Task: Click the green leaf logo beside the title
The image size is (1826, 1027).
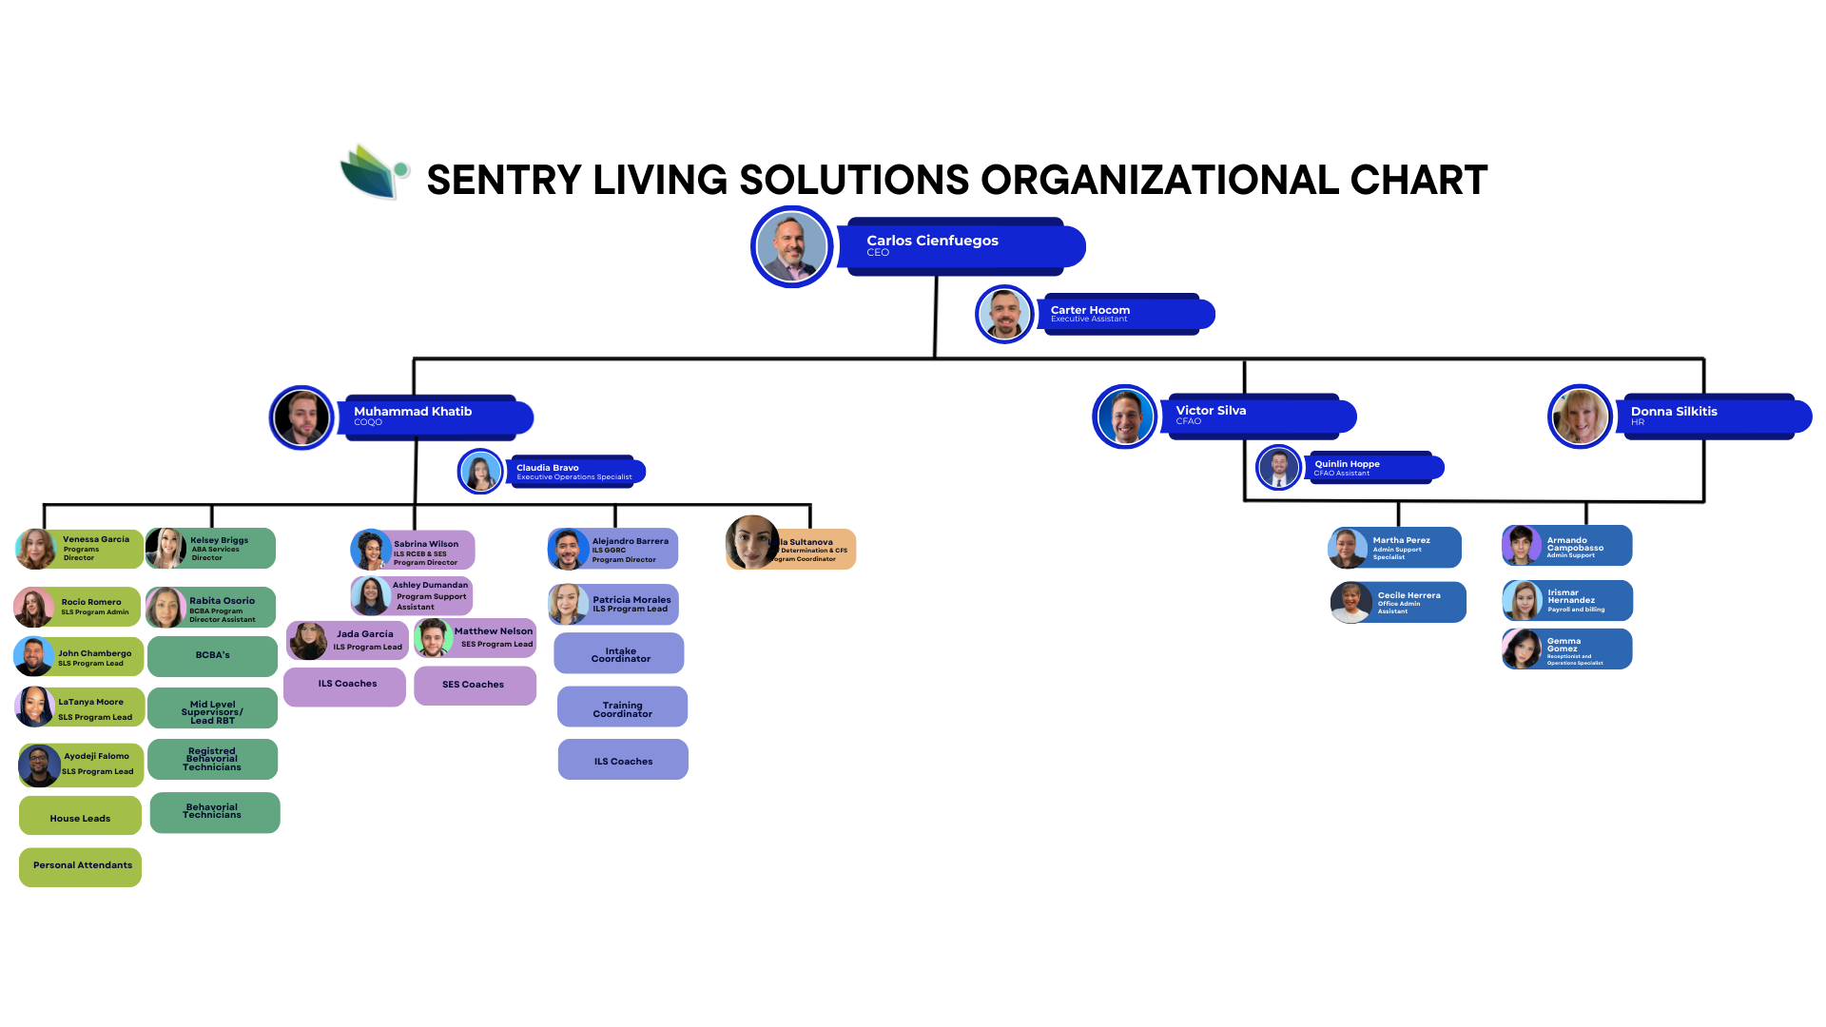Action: (374, 172)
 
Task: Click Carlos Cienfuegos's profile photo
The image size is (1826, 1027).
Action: (791, 247)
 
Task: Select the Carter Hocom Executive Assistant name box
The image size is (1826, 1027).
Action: (1122, 314)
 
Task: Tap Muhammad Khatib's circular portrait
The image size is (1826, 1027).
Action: (301, 417)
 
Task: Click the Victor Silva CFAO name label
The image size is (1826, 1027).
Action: (1255, 416)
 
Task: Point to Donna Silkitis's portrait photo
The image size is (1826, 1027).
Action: (1580, 417)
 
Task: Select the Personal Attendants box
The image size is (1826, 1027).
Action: (81, 866)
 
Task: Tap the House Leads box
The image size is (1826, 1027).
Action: (81, 816)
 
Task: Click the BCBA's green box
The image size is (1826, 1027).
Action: (213, 656)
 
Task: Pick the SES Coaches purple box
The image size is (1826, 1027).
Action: (475, 685)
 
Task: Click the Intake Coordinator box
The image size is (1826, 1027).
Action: (619, 653)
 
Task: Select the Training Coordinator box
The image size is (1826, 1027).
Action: (622, 707)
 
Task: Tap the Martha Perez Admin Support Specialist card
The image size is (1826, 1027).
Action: (1395, 548)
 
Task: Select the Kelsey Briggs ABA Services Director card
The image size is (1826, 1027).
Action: (211, 549)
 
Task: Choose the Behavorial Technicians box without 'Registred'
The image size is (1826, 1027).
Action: (215, 812)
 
